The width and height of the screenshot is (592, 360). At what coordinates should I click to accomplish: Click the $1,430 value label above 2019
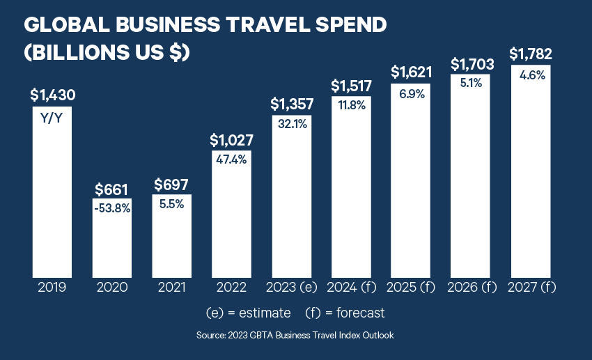tap(52, 95)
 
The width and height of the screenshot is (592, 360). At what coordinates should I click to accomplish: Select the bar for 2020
tap(112, 237)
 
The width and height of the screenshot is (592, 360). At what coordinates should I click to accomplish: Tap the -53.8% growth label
tap(112, 208)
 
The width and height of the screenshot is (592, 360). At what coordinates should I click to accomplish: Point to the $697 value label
tap(171, 185)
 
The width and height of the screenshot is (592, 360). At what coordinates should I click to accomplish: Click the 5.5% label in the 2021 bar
tap(171, 207)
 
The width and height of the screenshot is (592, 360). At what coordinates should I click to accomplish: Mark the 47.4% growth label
tap(232, 159)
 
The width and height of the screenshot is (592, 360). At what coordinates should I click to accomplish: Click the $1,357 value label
tap(292, 104)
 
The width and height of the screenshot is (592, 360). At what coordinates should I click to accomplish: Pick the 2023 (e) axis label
tap(292, 287)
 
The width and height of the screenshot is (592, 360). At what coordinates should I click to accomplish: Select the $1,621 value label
tap(411, 71)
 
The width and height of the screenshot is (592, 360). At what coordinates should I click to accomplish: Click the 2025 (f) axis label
tap(411, 287)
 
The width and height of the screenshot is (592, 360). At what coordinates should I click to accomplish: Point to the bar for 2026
tap(472, 181)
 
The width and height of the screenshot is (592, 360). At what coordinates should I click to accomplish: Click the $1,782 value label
tap(531, 54)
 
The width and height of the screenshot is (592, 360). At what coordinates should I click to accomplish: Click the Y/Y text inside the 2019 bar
tap(52, 118)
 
